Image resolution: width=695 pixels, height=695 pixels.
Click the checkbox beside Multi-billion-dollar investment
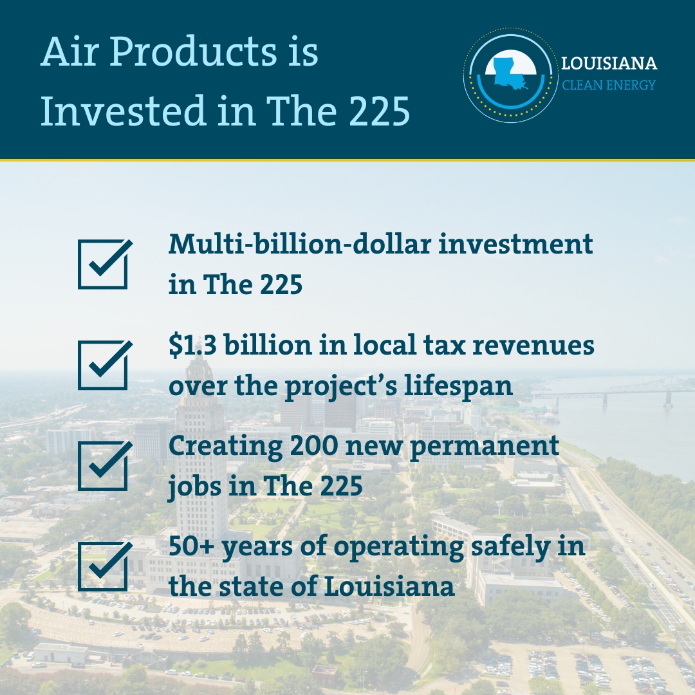103,264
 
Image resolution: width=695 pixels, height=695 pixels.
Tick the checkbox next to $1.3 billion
103,365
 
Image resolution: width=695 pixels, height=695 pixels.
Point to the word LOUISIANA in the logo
609,64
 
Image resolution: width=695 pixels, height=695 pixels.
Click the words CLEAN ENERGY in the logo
609,85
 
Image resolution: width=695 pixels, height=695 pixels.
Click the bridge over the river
618,389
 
